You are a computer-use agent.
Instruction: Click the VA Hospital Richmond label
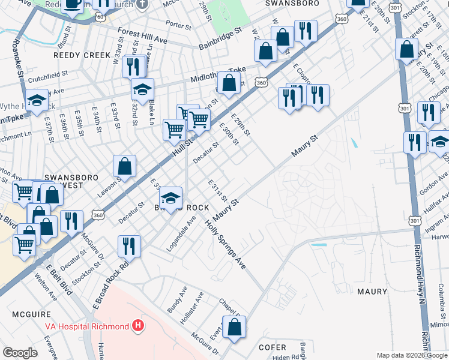point(86,326)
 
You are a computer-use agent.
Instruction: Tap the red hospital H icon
point(139,326)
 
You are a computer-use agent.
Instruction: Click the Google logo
point(20,353)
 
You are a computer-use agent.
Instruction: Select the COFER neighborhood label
point(272,347)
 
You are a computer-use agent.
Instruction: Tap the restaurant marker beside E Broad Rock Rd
point(129,245)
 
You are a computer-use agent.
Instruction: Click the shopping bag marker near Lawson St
point(124,166)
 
